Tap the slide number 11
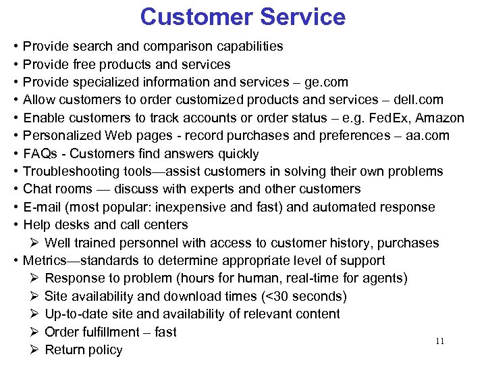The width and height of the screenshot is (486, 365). (x=439, y=341)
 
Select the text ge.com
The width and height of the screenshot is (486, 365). (x=326, y=82)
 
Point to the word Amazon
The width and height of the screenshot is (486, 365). (x=440, y=118)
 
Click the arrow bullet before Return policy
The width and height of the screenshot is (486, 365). (x=34, y=350)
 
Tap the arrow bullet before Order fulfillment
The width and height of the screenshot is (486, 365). (x=34, y=333)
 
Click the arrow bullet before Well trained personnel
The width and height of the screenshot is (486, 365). (x=34, y=243)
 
